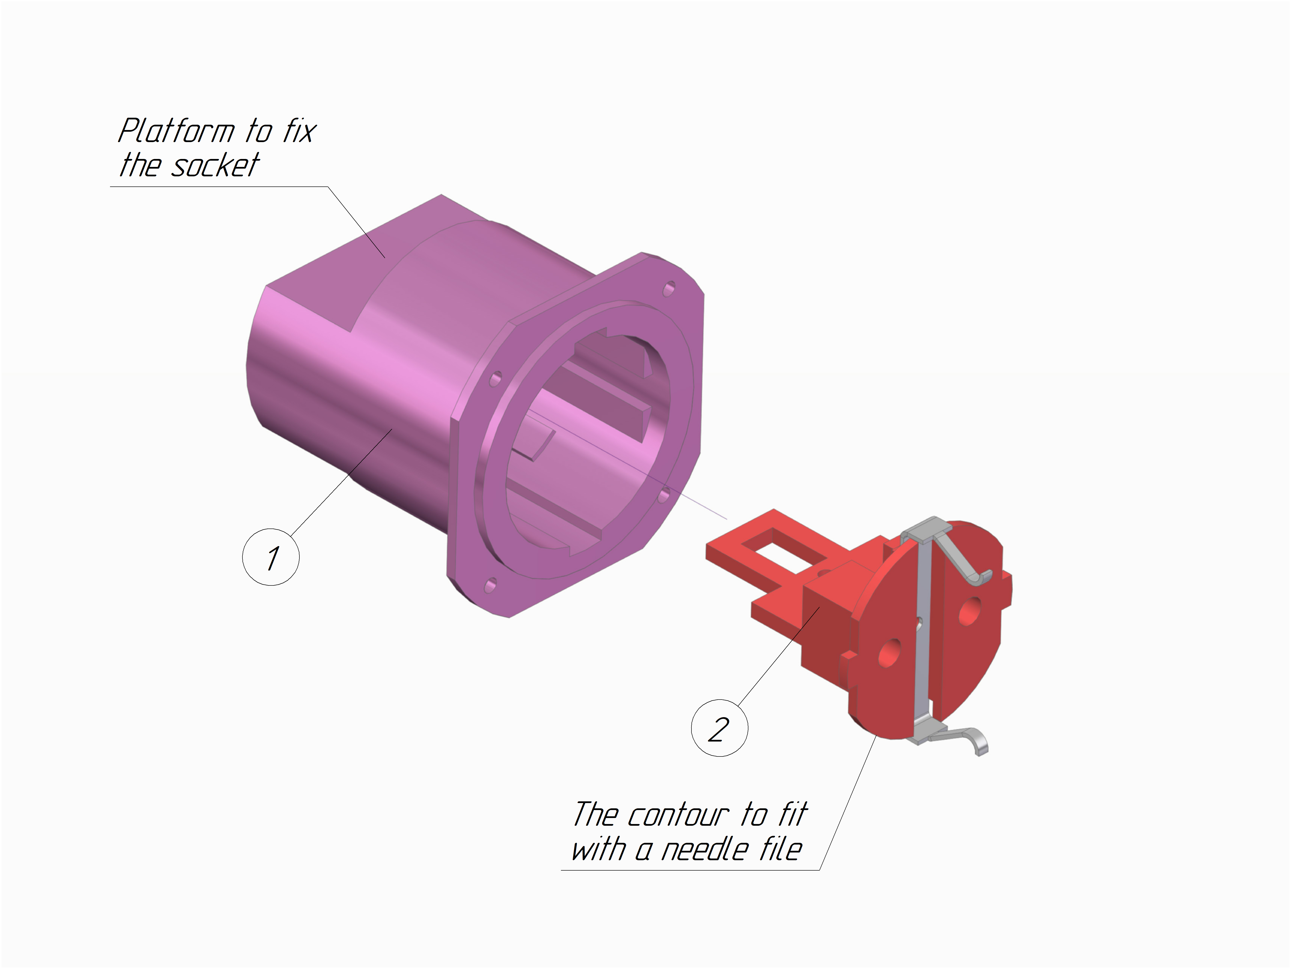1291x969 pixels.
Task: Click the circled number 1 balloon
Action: (x=271, y=557)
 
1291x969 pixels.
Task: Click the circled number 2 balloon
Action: (x=719, y=728)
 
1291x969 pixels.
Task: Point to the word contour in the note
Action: (x=678, y=815)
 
